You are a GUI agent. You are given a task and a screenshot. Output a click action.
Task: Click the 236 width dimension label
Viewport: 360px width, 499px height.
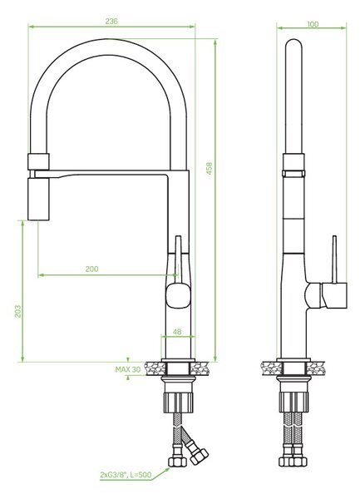point(111,22)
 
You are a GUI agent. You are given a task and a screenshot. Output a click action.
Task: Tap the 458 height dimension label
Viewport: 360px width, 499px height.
point(209,168)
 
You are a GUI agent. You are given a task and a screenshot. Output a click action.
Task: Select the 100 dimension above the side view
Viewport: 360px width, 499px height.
point(313,24)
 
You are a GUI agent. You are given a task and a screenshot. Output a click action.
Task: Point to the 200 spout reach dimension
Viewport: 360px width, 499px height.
point(92,269)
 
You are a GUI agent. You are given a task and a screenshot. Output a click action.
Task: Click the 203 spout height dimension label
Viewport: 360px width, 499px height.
point(17,311)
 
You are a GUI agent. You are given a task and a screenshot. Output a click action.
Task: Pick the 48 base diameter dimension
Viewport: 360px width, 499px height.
point(177,332)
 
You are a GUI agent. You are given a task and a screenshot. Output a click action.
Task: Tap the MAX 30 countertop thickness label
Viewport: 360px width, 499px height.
point(128,369)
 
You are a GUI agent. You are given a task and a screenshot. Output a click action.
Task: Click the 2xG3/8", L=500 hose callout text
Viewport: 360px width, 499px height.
point(126,476)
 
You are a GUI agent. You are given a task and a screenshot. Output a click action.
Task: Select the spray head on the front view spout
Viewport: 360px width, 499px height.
point(38,199)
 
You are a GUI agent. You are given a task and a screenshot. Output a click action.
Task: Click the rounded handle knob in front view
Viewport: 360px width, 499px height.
point(179,295)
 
